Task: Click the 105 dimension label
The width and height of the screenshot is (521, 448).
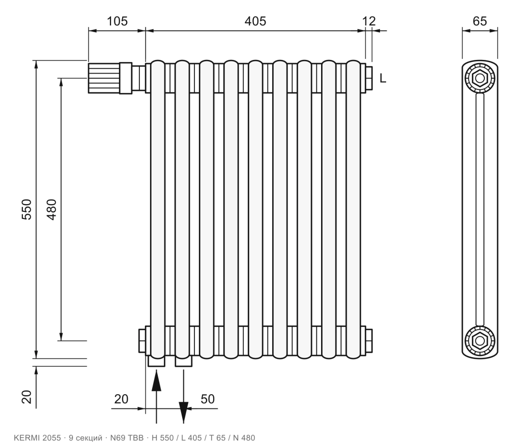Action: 117,21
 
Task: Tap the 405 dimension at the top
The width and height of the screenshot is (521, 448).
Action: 255,21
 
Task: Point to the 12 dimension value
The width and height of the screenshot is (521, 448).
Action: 369,21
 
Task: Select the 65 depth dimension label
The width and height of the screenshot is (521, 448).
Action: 480,21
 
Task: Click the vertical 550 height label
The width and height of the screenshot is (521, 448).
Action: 26,209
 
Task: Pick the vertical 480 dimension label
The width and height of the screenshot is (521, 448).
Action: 52,209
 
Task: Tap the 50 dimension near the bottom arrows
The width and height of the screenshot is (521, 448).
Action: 208,399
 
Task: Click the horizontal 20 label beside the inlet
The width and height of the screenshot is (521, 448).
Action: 121,399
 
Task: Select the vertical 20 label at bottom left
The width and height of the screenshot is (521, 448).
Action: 26,397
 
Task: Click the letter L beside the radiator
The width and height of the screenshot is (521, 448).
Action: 383,79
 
